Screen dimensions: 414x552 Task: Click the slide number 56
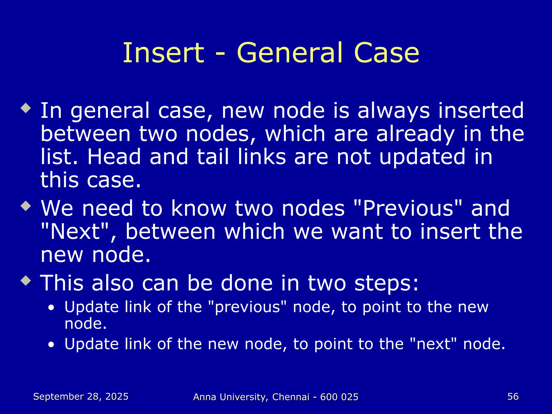(513, 396)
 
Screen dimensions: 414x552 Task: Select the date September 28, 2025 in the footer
(81, 396)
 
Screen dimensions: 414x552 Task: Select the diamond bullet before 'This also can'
(26, 281)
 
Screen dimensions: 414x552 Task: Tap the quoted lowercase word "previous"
(248, 307)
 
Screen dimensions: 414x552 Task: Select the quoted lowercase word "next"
(433, 344)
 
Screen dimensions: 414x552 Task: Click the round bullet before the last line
(51, 345)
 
